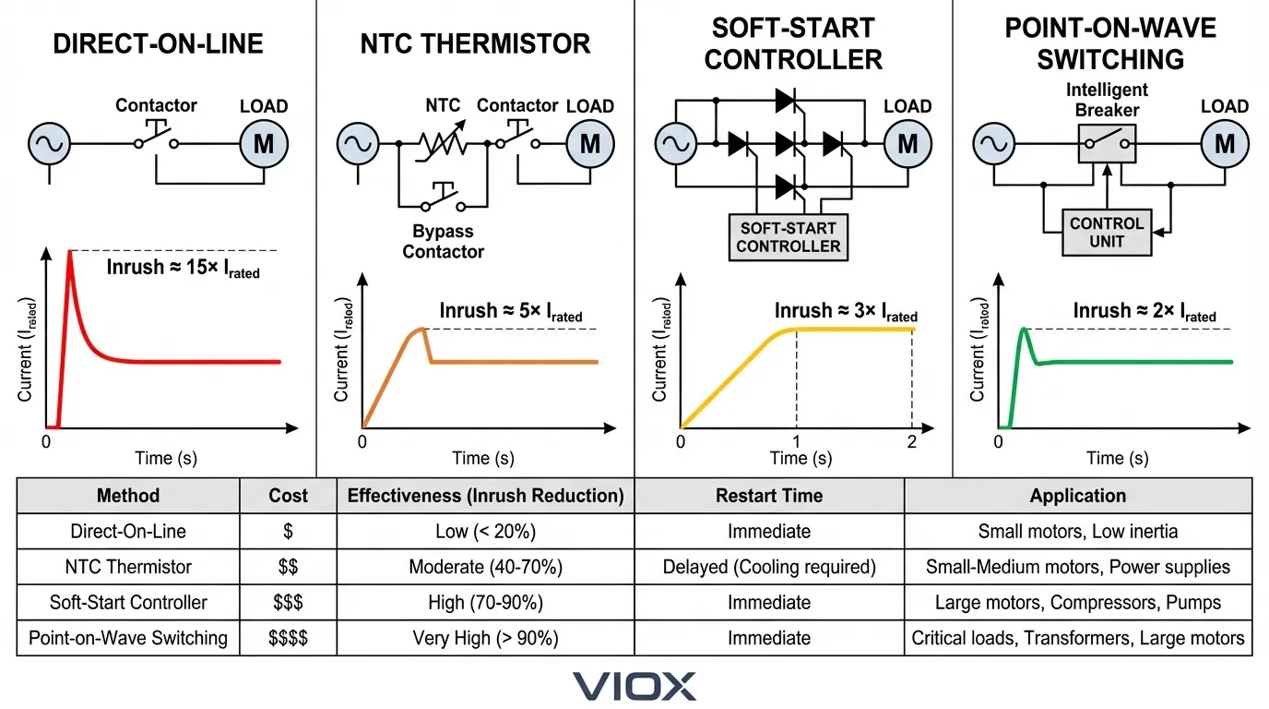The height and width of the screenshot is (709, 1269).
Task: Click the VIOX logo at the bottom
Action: (634, 686)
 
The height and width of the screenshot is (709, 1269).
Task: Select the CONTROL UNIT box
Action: (1106, 233)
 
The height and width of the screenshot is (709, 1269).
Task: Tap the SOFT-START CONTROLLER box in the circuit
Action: (789, 237)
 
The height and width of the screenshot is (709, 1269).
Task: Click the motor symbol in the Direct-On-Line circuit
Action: (264, 144)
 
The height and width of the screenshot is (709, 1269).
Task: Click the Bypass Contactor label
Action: (443, 242)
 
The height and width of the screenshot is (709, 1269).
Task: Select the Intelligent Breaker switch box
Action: (1107, 144)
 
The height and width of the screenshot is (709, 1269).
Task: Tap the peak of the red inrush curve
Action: (69, 251)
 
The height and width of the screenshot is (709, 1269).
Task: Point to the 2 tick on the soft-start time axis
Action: (911, 441)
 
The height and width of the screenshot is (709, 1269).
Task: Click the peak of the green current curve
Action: (1023, 329)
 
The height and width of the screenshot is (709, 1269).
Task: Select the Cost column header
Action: (288, 496)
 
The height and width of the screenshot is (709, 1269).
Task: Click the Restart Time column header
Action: (769, 496)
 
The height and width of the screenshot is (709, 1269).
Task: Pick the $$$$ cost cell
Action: (288, 638)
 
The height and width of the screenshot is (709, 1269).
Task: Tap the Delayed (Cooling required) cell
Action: (769, 567)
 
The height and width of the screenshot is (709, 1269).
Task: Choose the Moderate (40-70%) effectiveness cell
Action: (485, 567)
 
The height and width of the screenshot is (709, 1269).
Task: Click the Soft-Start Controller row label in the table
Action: (128, 603)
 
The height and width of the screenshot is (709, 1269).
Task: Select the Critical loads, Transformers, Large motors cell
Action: (1077, 638)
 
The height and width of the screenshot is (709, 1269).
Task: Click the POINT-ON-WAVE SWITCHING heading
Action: (1109, 43)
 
